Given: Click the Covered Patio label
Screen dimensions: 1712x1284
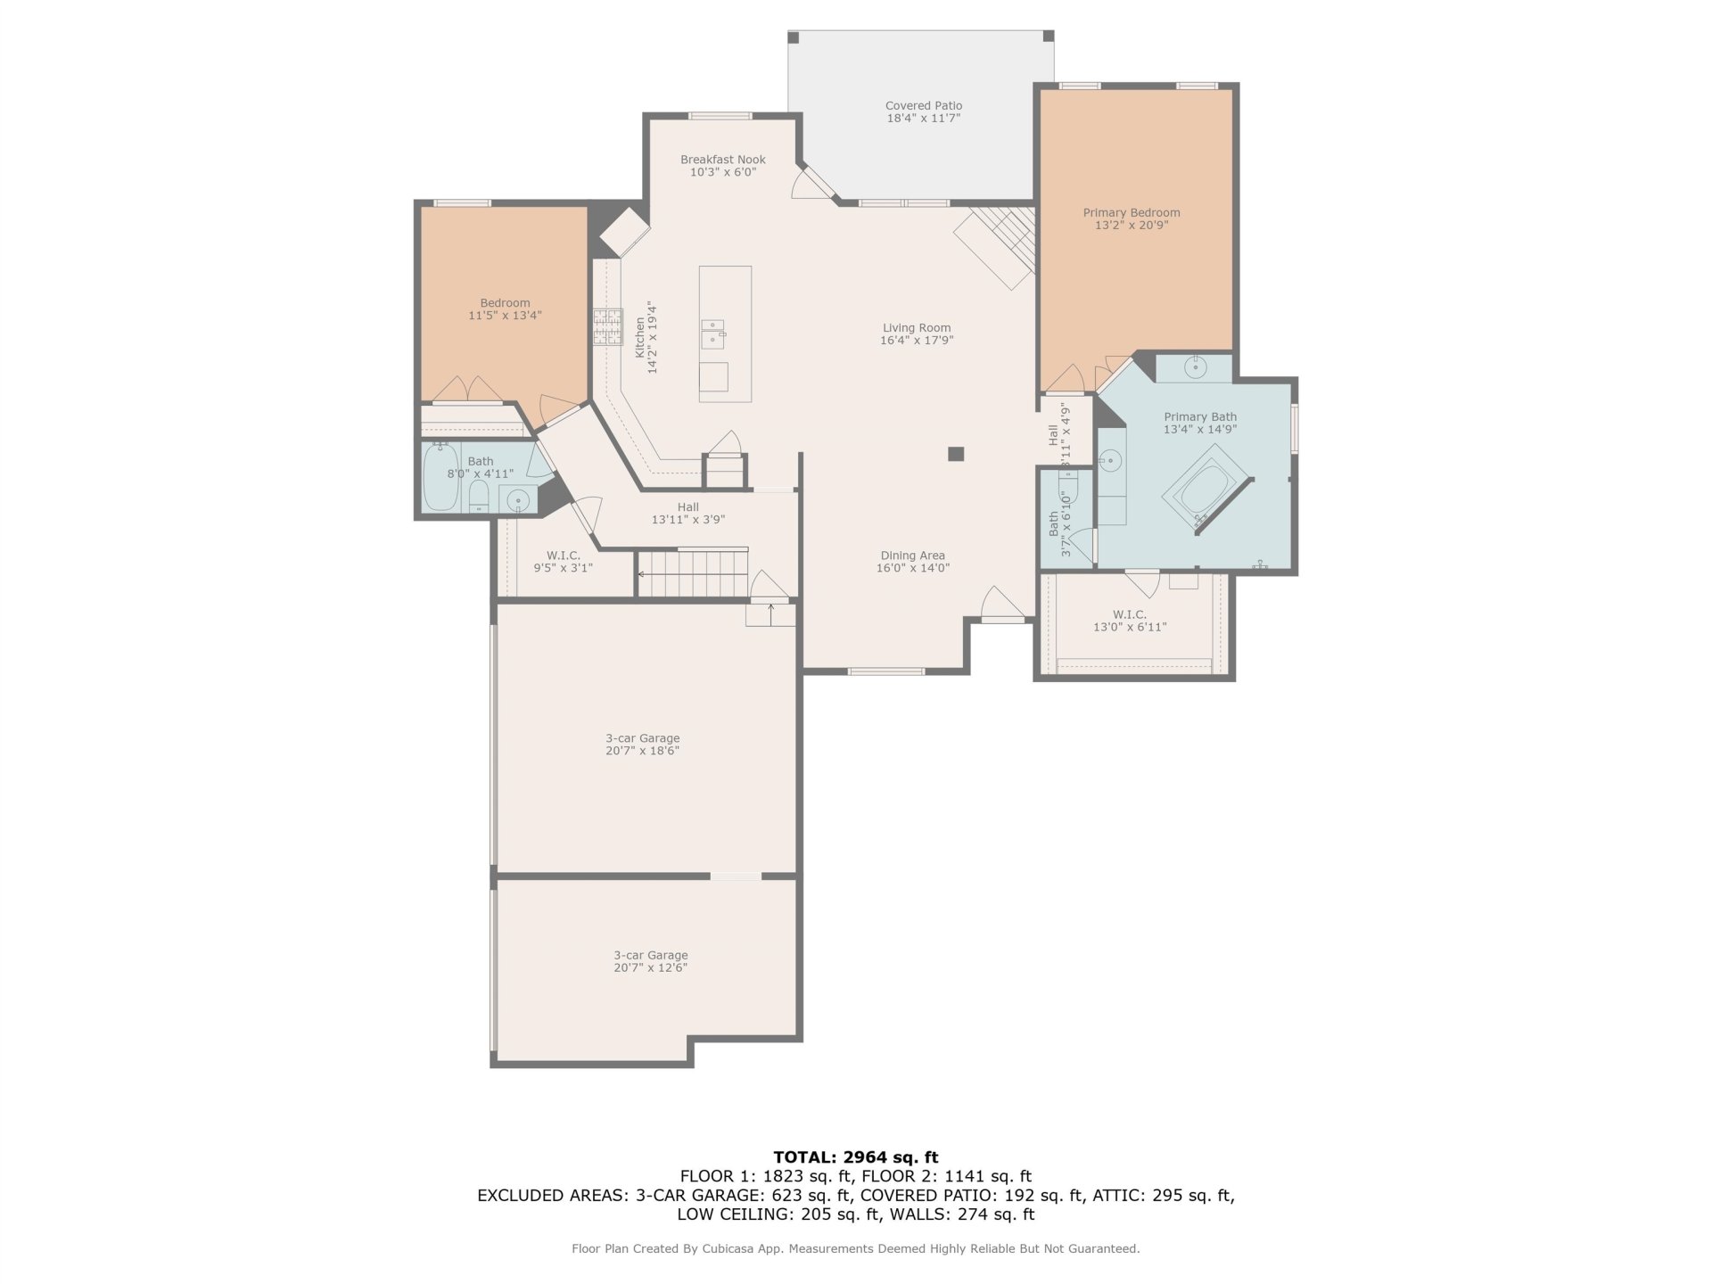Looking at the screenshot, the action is (923, 105).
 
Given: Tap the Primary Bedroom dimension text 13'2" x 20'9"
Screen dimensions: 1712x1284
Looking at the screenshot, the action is (1132, 226).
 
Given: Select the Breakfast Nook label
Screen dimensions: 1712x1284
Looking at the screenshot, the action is (723, 160).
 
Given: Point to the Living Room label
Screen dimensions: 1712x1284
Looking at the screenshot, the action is (917, 327).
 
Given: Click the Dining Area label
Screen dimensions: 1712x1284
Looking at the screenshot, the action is (912, 556).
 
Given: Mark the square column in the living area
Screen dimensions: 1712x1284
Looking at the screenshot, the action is (956, 454).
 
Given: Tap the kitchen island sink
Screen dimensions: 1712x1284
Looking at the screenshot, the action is (712, 333).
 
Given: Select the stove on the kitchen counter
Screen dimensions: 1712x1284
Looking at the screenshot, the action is (608, 327).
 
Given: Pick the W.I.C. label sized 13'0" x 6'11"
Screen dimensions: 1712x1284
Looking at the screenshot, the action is (1130, 614).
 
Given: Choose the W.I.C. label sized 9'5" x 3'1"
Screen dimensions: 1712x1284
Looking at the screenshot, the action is (564, 556).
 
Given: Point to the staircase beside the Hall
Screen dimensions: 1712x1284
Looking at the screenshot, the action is (692, 572).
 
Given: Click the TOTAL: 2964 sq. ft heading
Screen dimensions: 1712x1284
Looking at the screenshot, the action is (856, 1157).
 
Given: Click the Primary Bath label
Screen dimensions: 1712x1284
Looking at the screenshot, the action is (1200, 416).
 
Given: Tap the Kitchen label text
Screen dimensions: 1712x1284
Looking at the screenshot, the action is (639, 338).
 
